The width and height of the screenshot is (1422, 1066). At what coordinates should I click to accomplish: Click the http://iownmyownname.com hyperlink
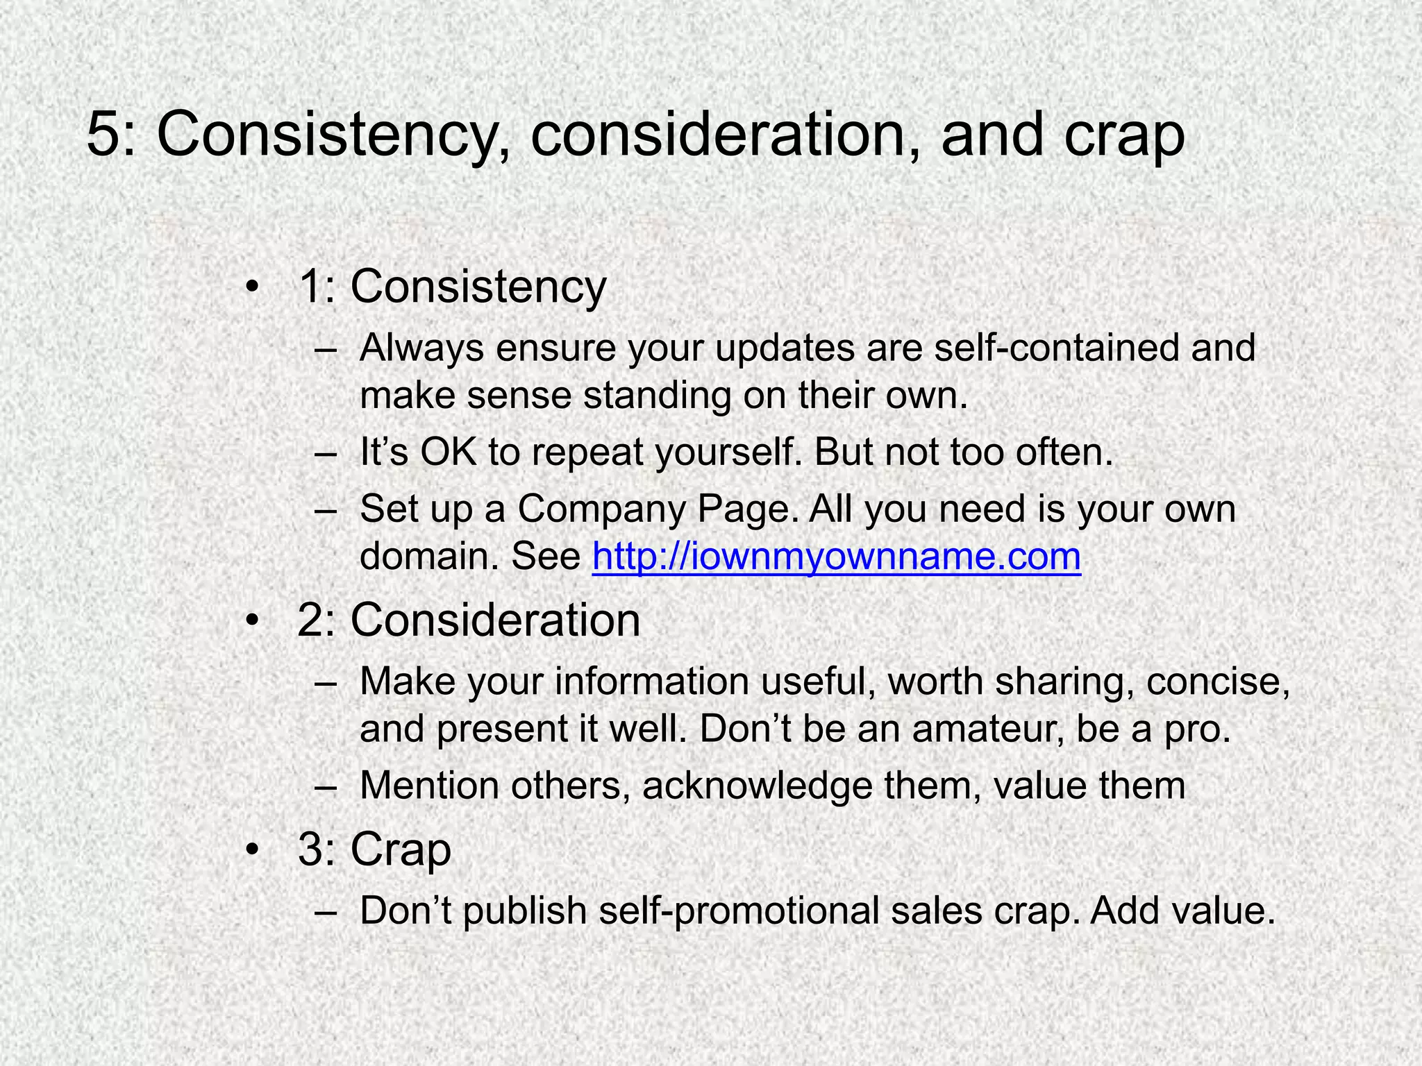point(836,557)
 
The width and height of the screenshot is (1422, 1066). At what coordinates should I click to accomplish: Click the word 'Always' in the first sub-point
point(421,349)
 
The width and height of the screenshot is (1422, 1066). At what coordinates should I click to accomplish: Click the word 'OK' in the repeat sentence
point(448,453)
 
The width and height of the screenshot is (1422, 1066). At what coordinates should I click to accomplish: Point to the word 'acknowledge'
point(756,786)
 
